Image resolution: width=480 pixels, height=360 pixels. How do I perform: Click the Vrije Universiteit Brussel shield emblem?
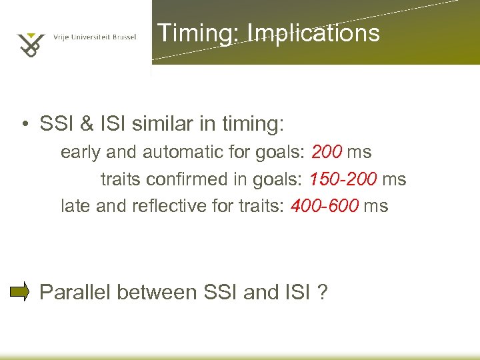point(31,44)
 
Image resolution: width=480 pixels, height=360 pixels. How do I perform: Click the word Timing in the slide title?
point(189,33)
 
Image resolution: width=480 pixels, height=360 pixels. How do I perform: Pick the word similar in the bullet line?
point(169,124)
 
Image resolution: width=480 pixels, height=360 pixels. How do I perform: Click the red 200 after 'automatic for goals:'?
point(327,152)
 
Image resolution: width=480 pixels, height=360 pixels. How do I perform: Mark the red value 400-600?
point(325,206)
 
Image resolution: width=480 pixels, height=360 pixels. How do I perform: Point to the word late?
point(76,206)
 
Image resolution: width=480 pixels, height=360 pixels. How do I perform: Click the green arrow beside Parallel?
point(19,291)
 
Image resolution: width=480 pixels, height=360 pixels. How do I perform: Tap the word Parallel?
point(78,292)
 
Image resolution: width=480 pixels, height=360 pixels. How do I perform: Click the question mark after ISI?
point(323,292)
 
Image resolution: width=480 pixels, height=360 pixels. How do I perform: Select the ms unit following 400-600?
point(375,206)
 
